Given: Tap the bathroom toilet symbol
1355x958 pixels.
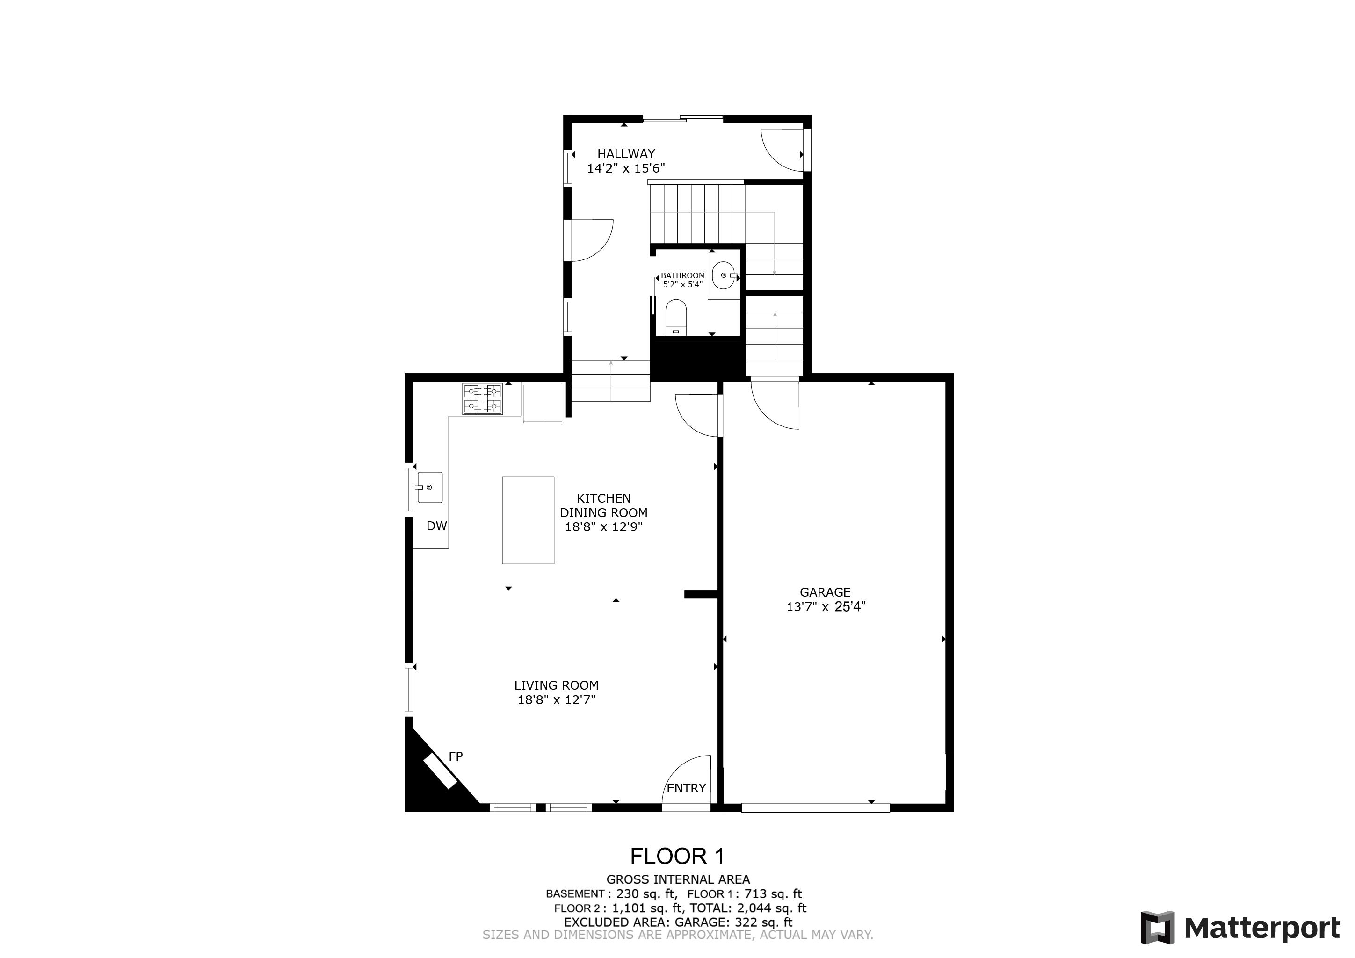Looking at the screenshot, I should (676, 317).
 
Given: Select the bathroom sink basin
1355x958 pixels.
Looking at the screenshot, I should (724, 275).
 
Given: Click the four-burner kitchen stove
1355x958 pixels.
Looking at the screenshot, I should (482, 399).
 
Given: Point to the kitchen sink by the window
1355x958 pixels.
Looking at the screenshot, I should (430, 487).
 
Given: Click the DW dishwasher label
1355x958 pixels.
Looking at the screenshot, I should (437, 526).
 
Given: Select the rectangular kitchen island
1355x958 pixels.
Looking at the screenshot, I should (528, 520).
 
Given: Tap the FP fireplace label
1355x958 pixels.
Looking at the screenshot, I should (456, 756).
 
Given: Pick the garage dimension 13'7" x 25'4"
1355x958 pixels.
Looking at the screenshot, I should (825, 606).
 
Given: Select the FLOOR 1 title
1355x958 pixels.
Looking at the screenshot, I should (677, 856).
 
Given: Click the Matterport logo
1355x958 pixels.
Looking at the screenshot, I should (1240, 928).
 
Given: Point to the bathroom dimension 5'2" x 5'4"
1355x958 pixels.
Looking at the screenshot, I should (683, 284).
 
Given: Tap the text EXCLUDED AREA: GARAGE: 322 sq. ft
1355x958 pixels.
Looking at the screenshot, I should (677, 922).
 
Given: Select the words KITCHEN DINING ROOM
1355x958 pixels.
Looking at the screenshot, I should (603, 505).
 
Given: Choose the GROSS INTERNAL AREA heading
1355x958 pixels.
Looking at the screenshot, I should (677, 879).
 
